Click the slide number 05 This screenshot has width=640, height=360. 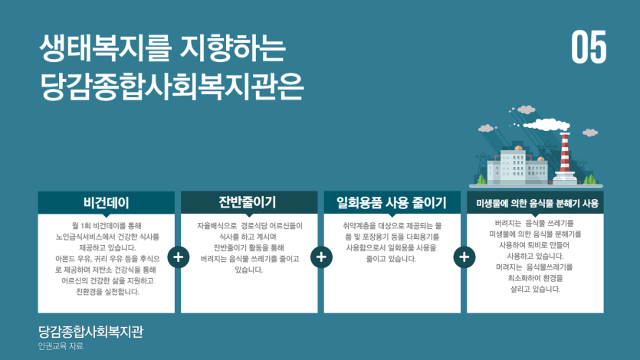pos(589,48)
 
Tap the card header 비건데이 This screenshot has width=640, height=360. pos(107,203)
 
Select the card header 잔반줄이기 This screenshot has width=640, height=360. pos(248,202)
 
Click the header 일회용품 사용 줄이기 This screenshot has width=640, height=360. pos(392,203)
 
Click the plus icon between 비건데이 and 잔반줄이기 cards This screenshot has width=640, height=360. pos(178,257)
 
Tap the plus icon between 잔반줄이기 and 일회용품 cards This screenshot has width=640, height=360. pos(320,257)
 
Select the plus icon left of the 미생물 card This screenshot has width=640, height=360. pos(463,257)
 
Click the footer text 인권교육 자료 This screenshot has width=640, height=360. pos(61,346)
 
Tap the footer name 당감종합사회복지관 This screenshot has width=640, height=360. pos(90,332)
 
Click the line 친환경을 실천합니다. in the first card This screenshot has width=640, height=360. pos(107,291)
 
